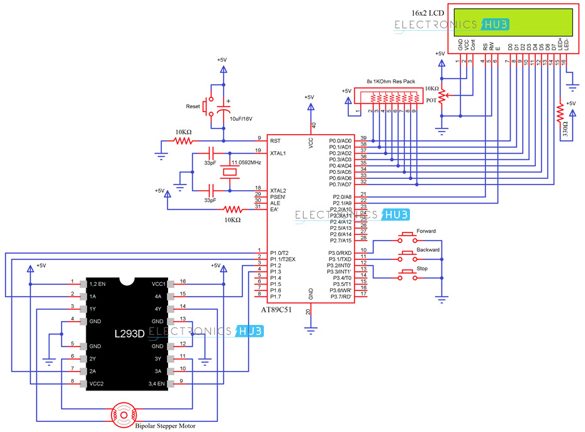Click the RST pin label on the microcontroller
(275, 140)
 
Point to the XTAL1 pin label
(278, 153)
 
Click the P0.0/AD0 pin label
(341, 140)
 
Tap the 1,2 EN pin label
(98, 283)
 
